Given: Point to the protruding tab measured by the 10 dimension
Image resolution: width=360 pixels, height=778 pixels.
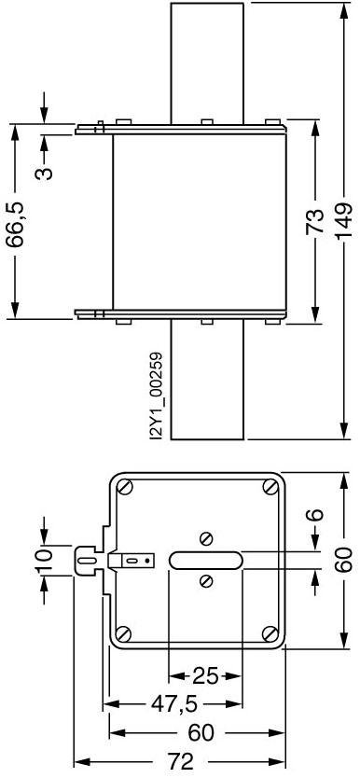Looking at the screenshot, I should tap(86, 560).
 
